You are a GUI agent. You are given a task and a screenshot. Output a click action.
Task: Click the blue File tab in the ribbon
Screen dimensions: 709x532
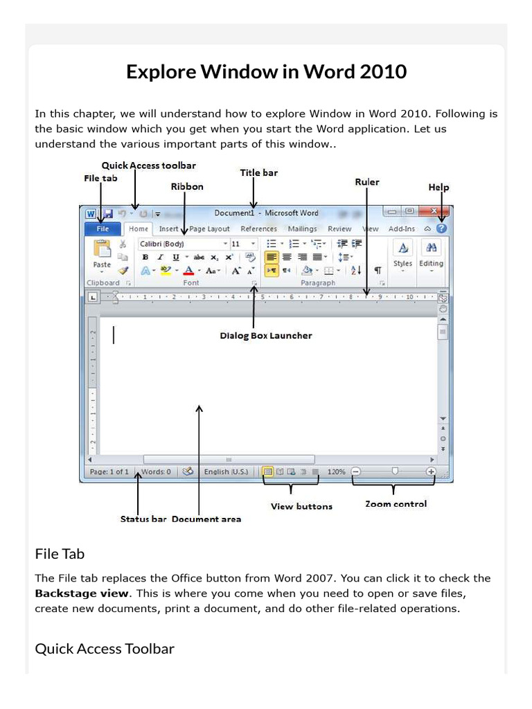click(x=103, y=228)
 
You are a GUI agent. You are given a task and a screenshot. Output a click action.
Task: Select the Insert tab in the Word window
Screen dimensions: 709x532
click(x=168, y=228)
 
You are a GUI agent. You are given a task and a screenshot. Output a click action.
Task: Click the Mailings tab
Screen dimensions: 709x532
click(x=302, y=228)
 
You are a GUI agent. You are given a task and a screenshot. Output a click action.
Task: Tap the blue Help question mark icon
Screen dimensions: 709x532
click(x=442, y=228)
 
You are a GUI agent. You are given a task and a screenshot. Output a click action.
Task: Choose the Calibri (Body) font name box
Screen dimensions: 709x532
click(x=181, y=244)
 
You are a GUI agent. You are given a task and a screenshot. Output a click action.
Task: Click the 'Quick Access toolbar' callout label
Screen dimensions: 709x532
click(x=148, y=165)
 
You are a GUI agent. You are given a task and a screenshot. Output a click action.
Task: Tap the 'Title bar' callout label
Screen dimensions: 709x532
click(x=258, y=172)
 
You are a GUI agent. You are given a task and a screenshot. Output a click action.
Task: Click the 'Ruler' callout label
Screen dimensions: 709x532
click(x=367, y=181)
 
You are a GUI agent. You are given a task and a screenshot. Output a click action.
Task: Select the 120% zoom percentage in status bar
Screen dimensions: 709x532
click(x=336, y=472)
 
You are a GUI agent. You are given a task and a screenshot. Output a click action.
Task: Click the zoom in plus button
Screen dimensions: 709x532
click(x=431, y=472)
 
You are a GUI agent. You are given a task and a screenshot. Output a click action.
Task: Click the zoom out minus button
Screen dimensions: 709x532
click(x=355, y=472)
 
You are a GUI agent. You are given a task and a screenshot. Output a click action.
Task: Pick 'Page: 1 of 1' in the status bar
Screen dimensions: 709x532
click(x=109, y=472)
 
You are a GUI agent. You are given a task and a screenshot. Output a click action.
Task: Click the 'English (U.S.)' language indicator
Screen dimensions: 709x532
click(x=226, y=472)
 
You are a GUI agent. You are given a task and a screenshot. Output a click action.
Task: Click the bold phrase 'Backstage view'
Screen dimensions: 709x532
click(x=82, y=593)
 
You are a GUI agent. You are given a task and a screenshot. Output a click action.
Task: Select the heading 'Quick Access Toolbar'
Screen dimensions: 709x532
click(x=105, y=649)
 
